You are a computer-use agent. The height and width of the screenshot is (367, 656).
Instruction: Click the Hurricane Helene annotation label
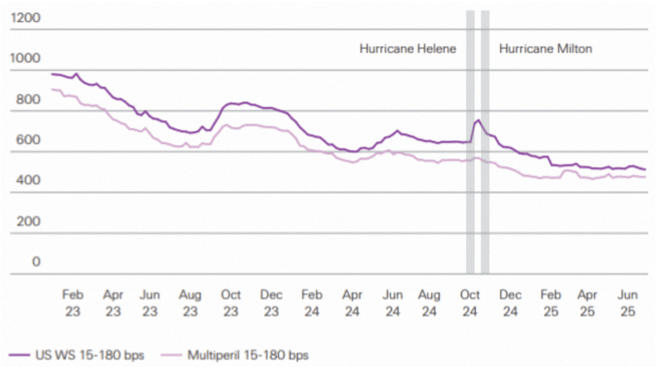point(407,49)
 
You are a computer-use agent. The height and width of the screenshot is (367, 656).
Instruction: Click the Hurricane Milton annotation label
point(545,49)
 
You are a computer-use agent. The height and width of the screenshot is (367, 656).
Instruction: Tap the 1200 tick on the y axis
point(25,18)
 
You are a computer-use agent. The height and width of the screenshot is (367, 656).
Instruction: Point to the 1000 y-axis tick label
point(25,59)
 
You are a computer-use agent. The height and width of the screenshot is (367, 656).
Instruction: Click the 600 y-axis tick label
point(27,140)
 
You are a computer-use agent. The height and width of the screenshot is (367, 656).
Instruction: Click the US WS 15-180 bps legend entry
point(77,355)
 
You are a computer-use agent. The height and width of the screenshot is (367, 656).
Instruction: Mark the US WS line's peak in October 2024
point(478,120)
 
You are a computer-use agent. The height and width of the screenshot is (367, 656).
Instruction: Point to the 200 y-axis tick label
point(27,222)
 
